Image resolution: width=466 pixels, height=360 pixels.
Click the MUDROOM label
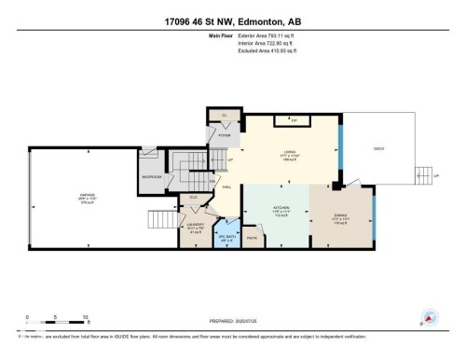[x=151, y=176]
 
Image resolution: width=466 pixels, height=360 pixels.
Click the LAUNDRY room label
[x=194, y=225]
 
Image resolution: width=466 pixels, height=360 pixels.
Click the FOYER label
[x=224, y=135]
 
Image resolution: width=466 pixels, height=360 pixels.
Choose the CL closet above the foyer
[x=223, y=117]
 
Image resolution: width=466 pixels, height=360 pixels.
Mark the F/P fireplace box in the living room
[x=293, y=120]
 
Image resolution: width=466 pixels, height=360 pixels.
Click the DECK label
[x=378, y=149]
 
